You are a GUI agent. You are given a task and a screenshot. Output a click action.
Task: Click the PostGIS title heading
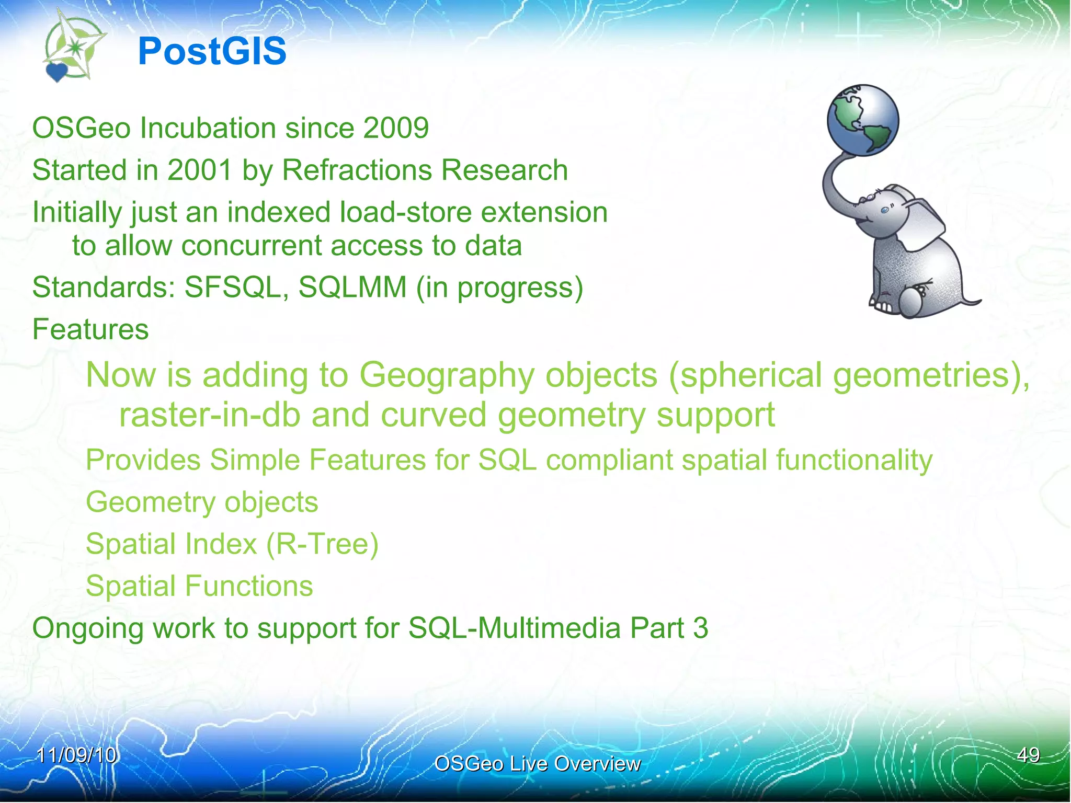click(x=212, y=52)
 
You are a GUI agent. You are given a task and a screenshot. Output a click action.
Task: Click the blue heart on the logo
click(x=56, y=72)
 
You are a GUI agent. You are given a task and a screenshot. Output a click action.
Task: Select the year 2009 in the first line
click(x=396, y=128)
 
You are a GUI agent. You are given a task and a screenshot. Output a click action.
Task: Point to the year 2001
click(x=200, y=170)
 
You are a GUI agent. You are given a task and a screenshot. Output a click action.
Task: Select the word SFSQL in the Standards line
click(x=233, y=288)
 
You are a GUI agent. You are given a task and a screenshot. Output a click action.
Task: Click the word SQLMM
click(x=352, y=288)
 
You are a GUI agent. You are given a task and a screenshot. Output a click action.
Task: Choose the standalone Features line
click(x=90, y=329)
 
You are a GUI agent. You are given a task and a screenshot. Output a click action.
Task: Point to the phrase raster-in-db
click(x=210, y=415)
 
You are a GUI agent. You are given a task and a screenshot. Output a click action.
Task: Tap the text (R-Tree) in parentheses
click(x=322, y=544)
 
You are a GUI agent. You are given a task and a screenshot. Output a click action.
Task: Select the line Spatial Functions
click(x=199, y=586)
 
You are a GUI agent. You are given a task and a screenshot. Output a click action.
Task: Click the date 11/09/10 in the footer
click(x=76, y=755)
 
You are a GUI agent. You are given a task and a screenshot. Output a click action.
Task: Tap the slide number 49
click(x=1028, y=755)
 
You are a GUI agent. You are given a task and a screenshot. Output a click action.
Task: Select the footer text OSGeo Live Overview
click(x=537, y=764)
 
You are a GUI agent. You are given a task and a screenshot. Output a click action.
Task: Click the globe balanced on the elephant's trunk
click(x=863, y=120)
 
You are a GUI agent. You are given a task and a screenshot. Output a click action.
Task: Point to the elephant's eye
click(x=884, y=210)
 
